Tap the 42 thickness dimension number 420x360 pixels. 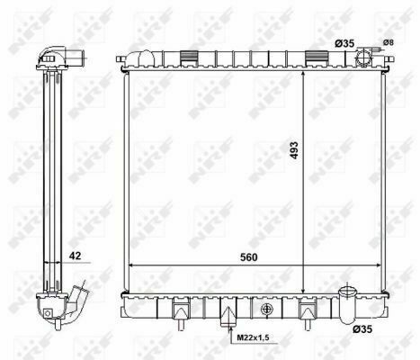coord(79,256)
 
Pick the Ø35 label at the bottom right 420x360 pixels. coord(362,330)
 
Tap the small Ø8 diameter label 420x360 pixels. coord(388,42)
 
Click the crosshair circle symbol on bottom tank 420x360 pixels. coord(266,310)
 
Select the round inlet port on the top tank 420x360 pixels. coord(362,58)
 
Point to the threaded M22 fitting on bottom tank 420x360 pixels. coord(228,318)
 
